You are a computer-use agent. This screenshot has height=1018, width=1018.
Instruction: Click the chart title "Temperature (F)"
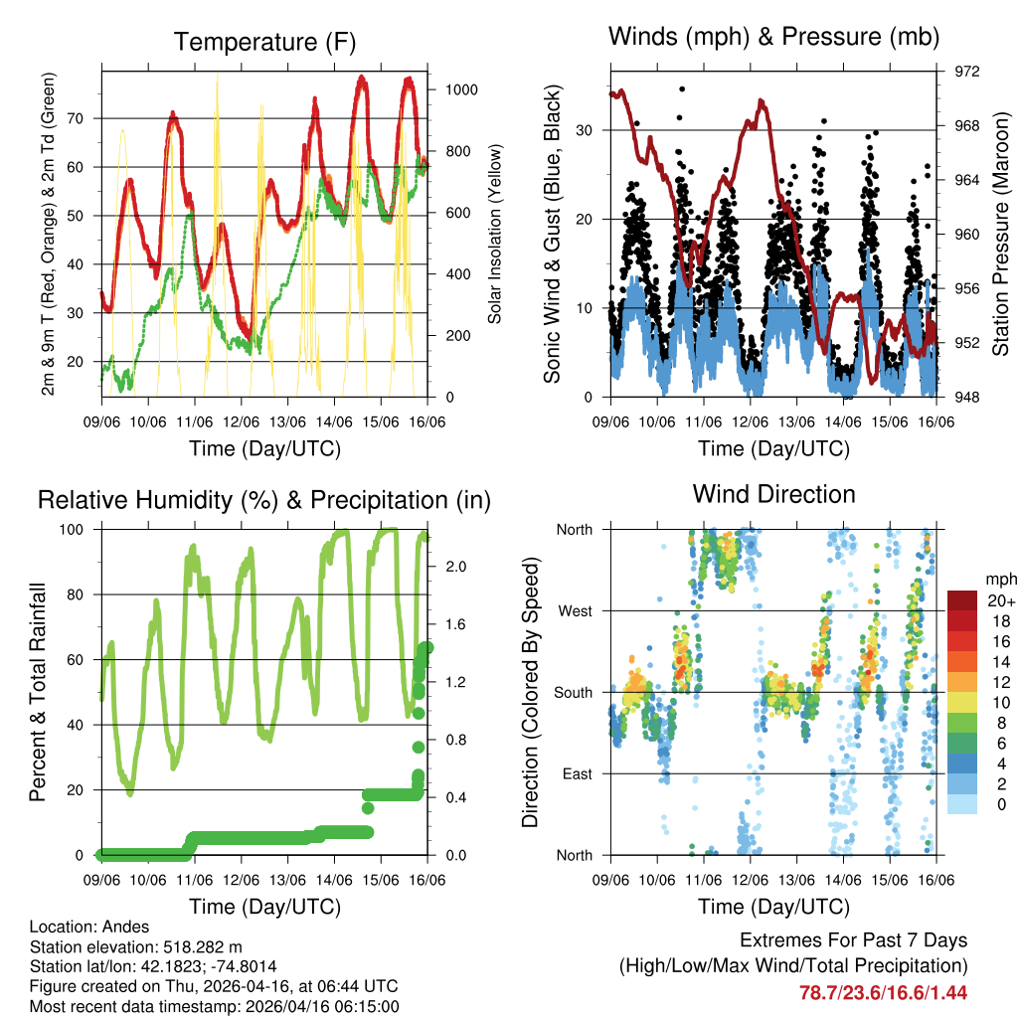coord(264,42)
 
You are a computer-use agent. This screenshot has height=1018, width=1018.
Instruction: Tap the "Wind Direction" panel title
coord(773,493)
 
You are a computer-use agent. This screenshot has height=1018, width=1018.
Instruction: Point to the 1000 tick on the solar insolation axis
coord(462,89)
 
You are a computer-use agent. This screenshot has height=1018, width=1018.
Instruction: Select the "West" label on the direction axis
coord(575,610)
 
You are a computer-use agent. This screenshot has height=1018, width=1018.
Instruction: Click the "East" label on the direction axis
coord(576,773)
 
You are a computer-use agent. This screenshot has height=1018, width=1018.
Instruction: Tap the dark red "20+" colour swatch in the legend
coord(963,600)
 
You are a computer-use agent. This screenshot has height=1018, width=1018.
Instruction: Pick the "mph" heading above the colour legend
coord(999,579)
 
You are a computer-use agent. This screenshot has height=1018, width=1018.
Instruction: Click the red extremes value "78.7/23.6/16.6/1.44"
coord(883,992)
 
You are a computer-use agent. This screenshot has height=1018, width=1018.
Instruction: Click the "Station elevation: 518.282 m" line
coord(136,946)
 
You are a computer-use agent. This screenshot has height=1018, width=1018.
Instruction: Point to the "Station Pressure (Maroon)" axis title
coord(1001,234)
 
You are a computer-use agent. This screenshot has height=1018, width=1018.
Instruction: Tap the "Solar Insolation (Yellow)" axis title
coord(494,234)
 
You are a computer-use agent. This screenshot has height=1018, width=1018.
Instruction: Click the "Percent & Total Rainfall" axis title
coord(39,692)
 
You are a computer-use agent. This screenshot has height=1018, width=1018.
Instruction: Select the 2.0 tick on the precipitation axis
coord(456,567)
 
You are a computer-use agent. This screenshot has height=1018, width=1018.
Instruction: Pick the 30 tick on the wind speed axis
coord(586,130)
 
